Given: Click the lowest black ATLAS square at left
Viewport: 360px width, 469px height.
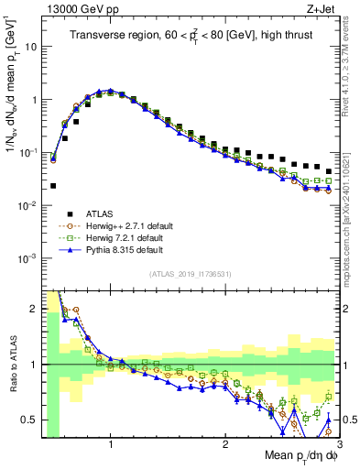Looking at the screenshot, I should click(x=53, y=185).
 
